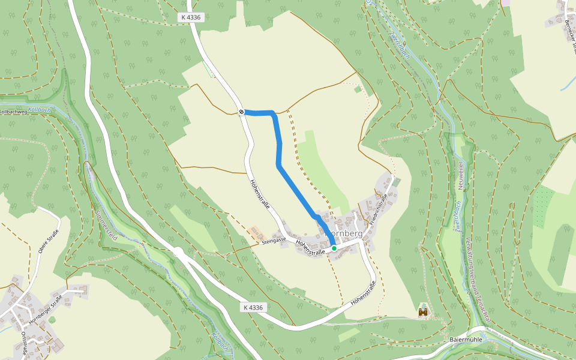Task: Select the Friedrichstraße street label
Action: pos(376,209)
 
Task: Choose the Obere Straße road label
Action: pos(49,241)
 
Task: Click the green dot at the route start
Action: pos(334,248)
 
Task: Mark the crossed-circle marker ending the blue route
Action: pos(241,112)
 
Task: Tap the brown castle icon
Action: pos(424,313)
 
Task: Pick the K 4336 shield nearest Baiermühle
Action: pos(254,307)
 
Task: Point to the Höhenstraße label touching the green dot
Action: pos(312,248)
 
